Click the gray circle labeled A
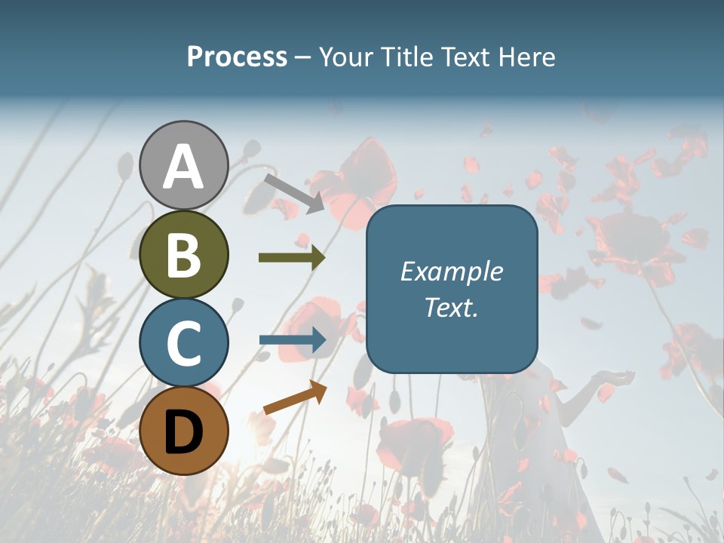[x=183, y=165]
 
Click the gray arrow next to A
[x=294, y=192]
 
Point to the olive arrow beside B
[x=292, y=258]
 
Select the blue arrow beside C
[x=292, y=340]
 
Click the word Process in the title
[x=237, y=57]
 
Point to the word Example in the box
[x=451, y=271]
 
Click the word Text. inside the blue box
[x=451, y=308]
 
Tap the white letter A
[x=183, y=167]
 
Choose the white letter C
[x=183, y=342]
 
